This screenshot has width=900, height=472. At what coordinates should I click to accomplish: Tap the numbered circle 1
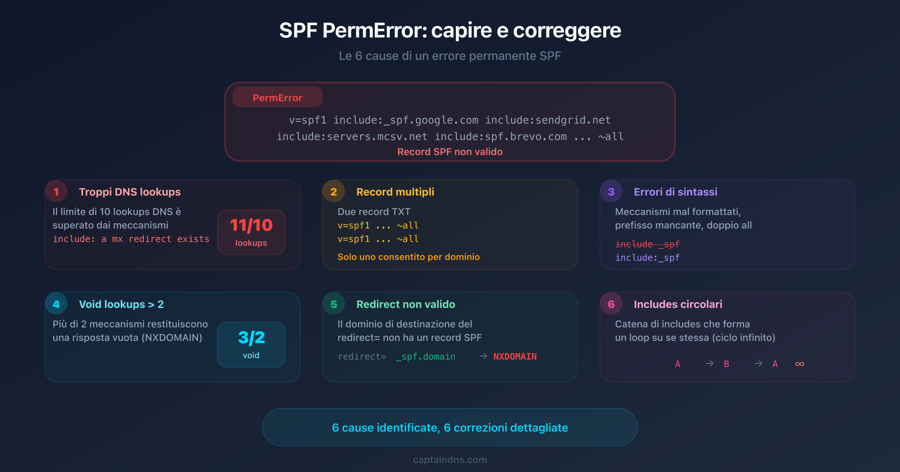(56, 192)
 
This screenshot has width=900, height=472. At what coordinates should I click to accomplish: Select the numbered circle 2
(334, 192)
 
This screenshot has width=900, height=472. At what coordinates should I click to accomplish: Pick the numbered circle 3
(611, 192)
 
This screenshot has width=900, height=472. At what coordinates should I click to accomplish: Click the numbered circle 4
(56, 304)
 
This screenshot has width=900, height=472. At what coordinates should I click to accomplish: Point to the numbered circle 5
(334, 304)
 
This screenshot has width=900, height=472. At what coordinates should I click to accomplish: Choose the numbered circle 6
(611, 304)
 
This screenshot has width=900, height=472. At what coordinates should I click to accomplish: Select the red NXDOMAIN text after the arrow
(515, 356)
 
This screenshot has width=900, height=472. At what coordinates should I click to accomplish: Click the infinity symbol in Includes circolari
(799, 364)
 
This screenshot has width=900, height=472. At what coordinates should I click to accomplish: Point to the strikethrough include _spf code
(647, 244)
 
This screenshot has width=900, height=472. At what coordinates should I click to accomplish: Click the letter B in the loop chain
(726, 364)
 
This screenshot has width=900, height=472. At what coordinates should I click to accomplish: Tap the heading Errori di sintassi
(675, 192)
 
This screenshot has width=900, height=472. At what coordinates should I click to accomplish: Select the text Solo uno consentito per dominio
(408, 257)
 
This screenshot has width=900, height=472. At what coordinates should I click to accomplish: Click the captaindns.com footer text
(450, 460)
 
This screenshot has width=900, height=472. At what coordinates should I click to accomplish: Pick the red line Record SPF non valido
(450, 152)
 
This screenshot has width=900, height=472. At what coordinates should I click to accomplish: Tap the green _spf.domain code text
(425, 356)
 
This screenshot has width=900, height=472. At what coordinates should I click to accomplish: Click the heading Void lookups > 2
(121, 304)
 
